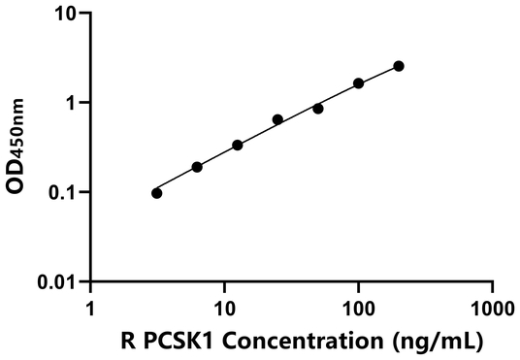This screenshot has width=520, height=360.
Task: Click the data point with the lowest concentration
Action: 157,193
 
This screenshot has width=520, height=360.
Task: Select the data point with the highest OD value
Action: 399,66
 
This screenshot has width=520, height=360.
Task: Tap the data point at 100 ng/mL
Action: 359,83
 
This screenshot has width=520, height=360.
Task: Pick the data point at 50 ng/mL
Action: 318,109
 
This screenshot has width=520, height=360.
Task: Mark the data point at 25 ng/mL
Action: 277,119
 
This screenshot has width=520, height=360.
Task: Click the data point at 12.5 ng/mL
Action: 238,146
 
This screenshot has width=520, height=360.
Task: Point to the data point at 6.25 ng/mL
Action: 197,167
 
